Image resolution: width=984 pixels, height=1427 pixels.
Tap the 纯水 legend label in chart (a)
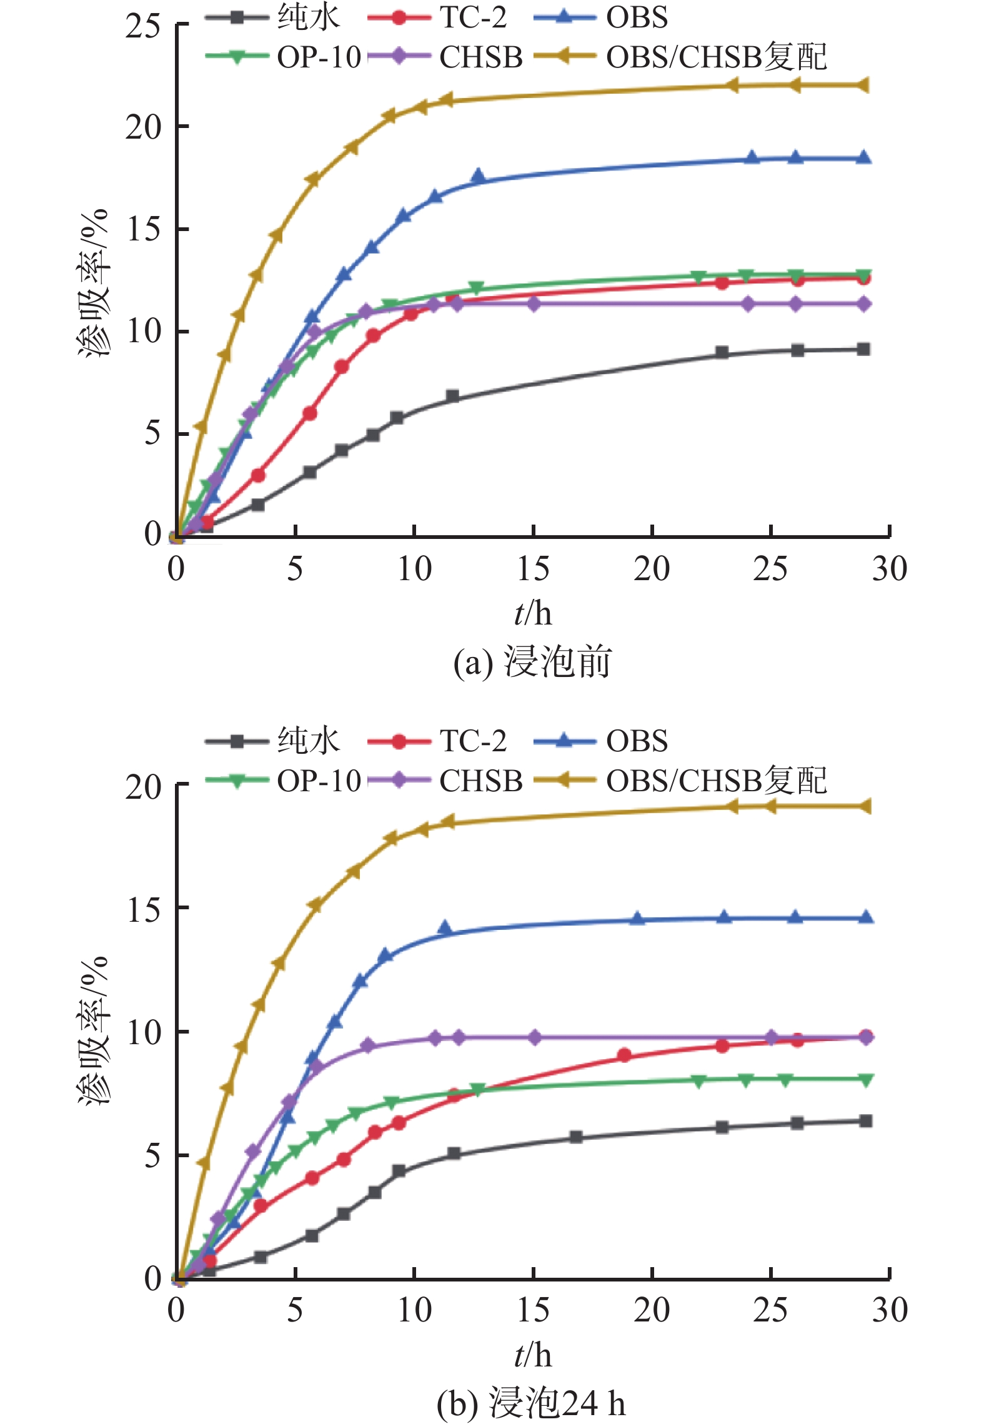pyautogui.click(x=309, y=17)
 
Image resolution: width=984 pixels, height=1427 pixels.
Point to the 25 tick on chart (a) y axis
pyautogui.click(x=142, y=26)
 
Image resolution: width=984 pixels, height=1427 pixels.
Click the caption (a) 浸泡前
pyautogui.click(x=532, y=662)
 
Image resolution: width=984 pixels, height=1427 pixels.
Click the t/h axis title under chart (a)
pyautogui.click(x=533, y=614)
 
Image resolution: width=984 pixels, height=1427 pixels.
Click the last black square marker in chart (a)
pyautogui.click(x=863, y=349)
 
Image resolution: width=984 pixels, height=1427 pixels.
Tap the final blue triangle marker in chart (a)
pyautogui.click(x=863, y=157)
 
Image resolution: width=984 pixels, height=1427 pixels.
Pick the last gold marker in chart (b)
pyautogui.click(x=865, y=806)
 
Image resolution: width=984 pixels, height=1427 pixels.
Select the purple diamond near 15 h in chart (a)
pyautogui.click(x=534, y=304)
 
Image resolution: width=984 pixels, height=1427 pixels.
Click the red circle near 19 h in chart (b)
pyautogui.click(x=624, y=1055)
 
